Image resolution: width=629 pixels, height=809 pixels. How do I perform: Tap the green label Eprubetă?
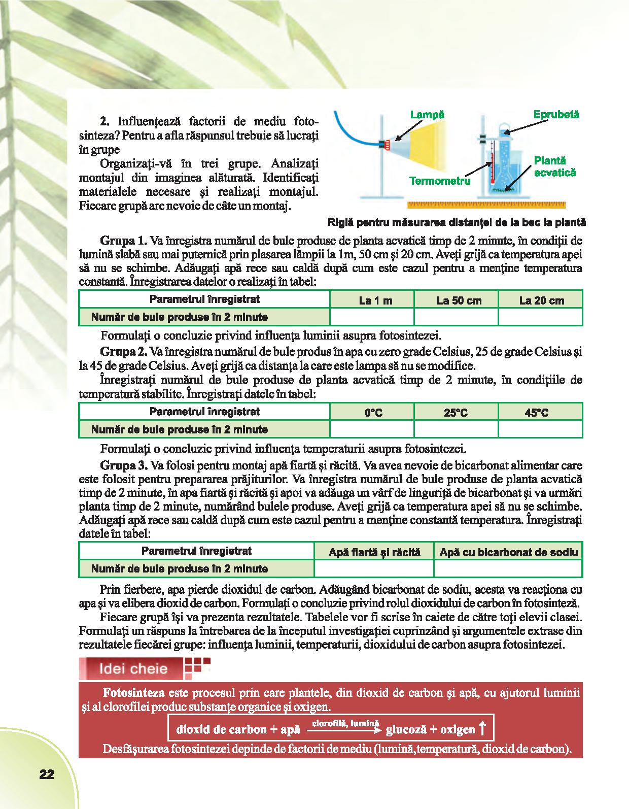coord(556,114)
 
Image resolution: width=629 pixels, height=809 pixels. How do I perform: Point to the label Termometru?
coord(440,181)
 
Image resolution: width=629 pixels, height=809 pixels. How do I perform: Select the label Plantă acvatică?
coord(555,166)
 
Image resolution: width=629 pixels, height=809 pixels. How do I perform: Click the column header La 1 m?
coord(375,300)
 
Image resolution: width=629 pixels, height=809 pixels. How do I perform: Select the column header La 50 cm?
coord(459,300)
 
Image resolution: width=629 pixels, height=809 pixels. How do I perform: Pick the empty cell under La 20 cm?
coord(541,317)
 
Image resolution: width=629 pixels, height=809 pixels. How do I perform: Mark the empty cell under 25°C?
coord(456,429)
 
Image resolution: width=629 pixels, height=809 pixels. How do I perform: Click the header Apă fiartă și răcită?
coord(374,552)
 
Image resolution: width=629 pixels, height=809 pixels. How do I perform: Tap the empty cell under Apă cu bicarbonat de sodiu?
coord(508,568)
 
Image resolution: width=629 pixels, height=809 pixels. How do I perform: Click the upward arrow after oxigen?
coord(482,729)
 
